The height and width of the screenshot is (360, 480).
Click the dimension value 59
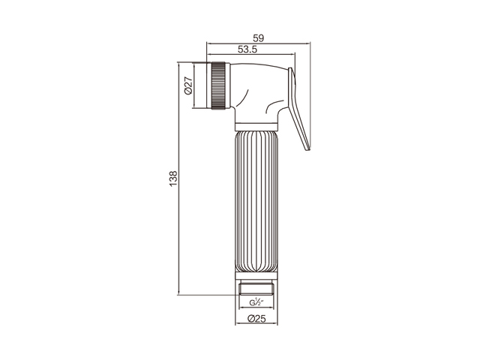(x=258, y=38)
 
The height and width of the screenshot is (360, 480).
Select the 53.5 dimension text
(x=247, y=49)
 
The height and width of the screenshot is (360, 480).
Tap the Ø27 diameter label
(x=188, y=85)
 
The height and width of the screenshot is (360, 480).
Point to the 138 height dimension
(x=173, y=179)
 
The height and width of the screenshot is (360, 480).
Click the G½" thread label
(x=256, y=302)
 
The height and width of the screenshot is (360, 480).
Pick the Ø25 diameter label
(x=256, y=319)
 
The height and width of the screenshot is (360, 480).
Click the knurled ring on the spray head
(x=218, y=85)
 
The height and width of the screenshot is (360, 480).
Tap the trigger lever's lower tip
(x=308, y=150)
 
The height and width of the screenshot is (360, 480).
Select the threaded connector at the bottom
(x=256, y=289)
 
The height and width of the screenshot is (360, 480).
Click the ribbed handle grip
(x=256, y=201)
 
